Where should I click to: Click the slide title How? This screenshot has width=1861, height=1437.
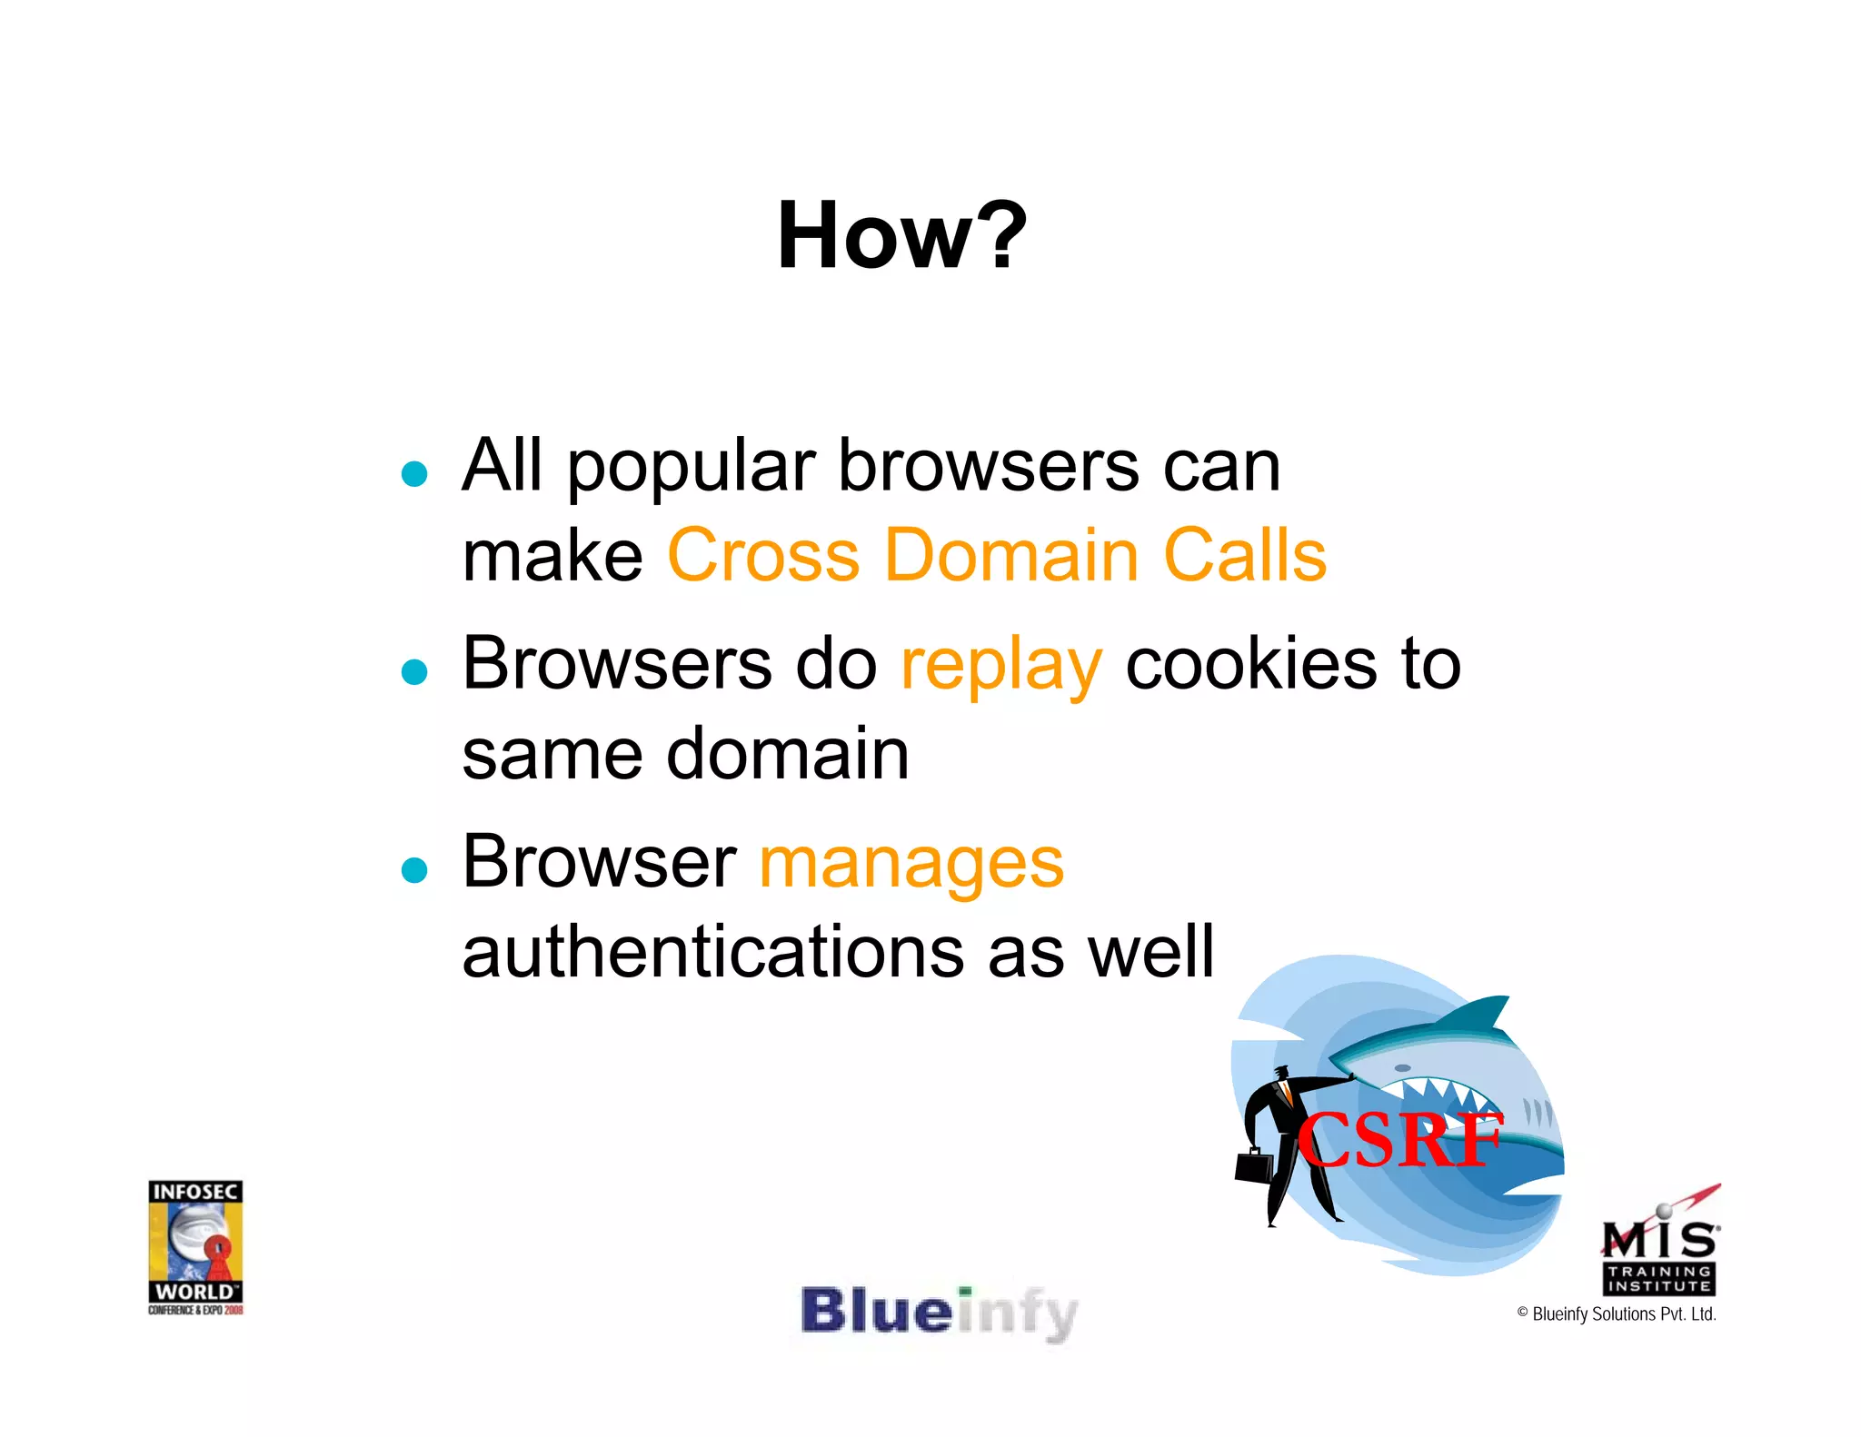pyautogui.click(x=901, y=236)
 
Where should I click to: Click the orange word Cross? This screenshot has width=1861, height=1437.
pyautogui.click(x=763, y=555)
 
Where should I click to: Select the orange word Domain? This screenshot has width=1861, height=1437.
pyautogui.click(x=1011, y=555)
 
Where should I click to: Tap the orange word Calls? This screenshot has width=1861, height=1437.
pyautogui.click(x=1245, y=555)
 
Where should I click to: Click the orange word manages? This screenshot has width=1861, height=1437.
pyautogui.click(x=911, y=863)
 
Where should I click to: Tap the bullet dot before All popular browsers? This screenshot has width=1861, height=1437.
pyautogui.click(x=414, y=474)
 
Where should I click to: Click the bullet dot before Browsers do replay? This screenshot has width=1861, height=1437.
pyautogui.click(x=414, y=672)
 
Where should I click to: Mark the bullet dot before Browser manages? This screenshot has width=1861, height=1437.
pyautogui.click(x=414, y=870)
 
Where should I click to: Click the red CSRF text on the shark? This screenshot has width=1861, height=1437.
pyautogui.click(x=1399, y=1140)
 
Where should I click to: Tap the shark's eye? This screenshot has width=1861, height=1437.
pyautogui.click(x=1402, y=1068)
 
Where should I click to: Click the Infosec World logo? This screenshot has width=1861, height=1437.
pyautogui.click(x=195, y=1246)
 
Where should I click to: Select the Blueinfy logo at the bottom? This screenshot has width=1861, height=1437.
pyautogui.click(x=939, y=1313)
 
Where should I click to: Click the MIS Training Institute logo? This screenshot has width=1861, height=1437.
pyautogui.click(x=1659, y=1244)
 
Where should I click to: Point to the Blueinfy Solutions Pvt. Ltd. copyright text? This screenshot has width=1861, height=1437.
pyautogui.click(x=1617, y=1314)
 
